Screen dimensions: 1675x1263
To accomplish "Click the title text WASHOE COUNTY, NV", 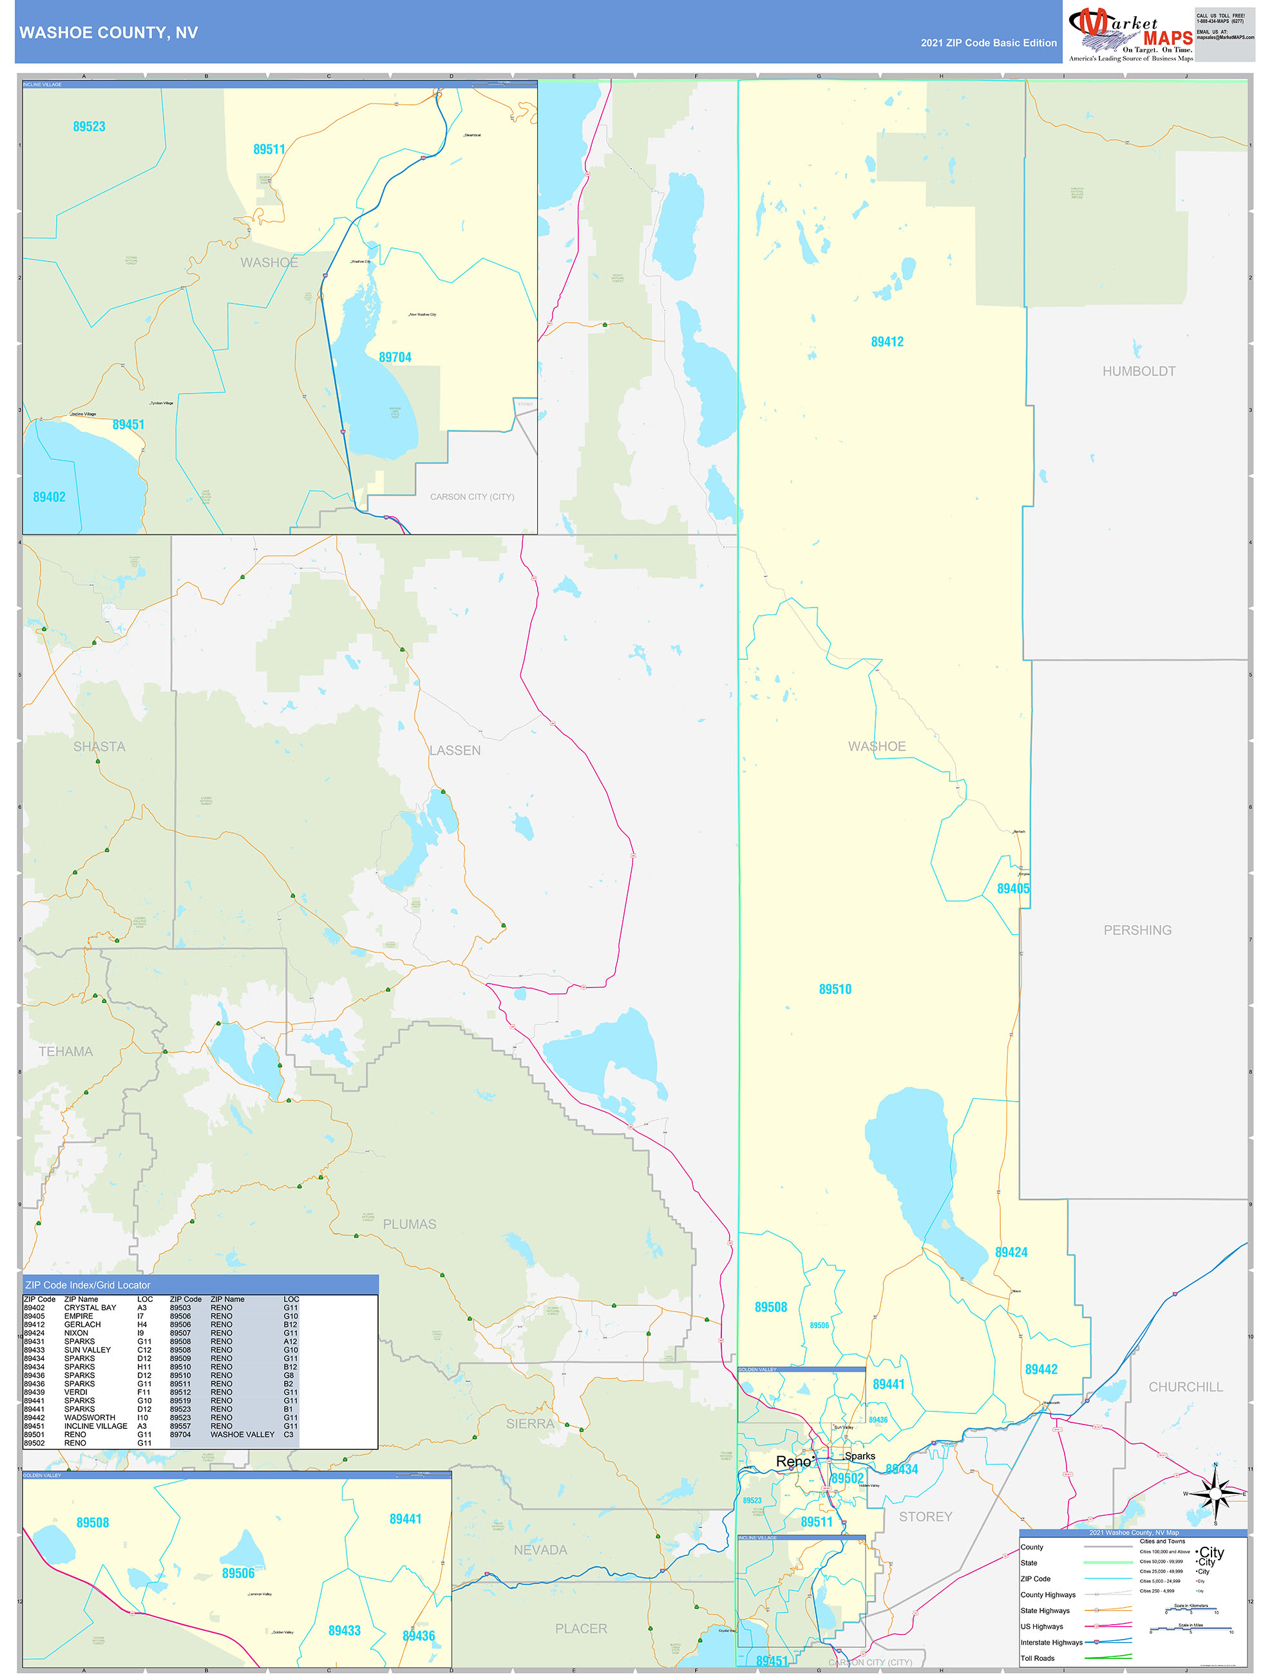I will (108, 33).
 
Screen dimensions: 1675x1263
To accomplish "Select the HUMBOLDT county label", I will (1138, 371).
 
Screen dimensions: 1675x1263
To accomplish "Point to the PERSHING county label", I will (1137, 930).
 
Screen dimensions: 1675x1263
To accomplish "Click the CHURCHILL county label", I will (1185, 1386).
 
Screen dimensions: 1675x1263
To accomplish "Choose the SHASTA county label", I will (99, 747).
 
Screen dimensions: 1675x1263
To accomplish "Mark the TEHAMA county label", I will (66, 1051).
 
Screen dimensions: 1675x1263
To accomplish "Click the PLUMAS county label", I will (409, 1223).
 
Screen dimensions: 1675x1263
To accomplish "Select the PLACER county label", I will (581, 1628).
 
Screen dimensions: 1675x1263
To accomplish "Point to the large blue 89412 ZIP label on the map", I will (887, 341).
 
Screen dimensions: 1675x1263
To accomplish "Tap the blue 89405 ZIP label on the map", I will (1012, 888).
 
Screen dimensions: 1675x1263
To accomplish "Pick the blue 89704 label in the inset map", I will (395, 357).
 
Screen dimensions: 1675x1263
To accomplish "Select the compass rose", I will (1215, 1494).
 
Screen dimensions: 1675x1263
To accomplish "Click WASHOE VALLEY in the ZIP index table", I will (242, 1434).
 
